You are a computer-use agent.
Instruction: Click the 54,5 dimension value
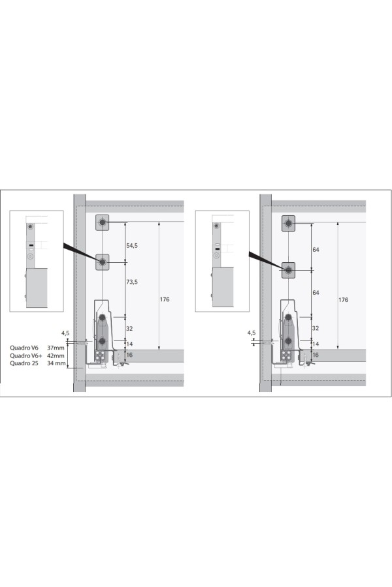(132, 246)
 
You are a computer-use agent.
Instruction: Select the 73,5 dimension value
(132, 282)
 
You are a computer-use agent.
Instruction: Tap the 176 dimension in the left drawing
(164, 299)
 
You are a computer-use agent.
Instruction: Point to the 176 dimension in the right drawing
(343, 300)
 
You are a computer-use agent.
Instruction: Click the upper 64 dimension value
(316, 250)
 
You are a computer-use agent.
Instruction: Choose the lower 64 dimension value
(316, 293)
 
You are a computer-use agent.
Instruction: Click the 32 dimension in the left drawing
(129, 329)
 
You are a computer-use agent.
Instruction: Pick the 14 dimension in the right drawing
(316, 344)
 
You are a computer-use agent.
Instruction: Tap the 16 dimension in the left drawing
(129, 355)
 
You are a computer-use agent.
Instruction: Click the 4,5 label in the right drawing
(252, 333)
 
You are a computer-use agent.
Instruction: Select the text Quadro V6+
(26, 355)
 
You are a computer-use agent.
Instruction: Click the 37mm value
(56, 348)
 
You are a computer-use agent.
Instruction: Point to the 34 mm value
(56, 363)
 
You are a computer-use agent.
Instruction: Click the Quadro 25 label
(24, 363)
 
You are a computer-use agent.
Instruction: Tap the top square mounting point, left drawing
(102, 222)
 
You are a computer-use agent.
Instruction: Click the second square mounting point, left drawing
(102, 262)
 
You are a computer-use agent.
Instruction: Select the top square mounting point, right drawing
(289, 224)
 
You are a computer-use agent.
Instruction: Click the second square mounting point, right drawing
(289, 270)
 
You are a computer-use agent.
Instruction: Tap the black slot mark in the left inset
(31, 246)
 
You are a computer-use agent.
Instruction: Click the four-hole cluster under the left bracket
(100, 355)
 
